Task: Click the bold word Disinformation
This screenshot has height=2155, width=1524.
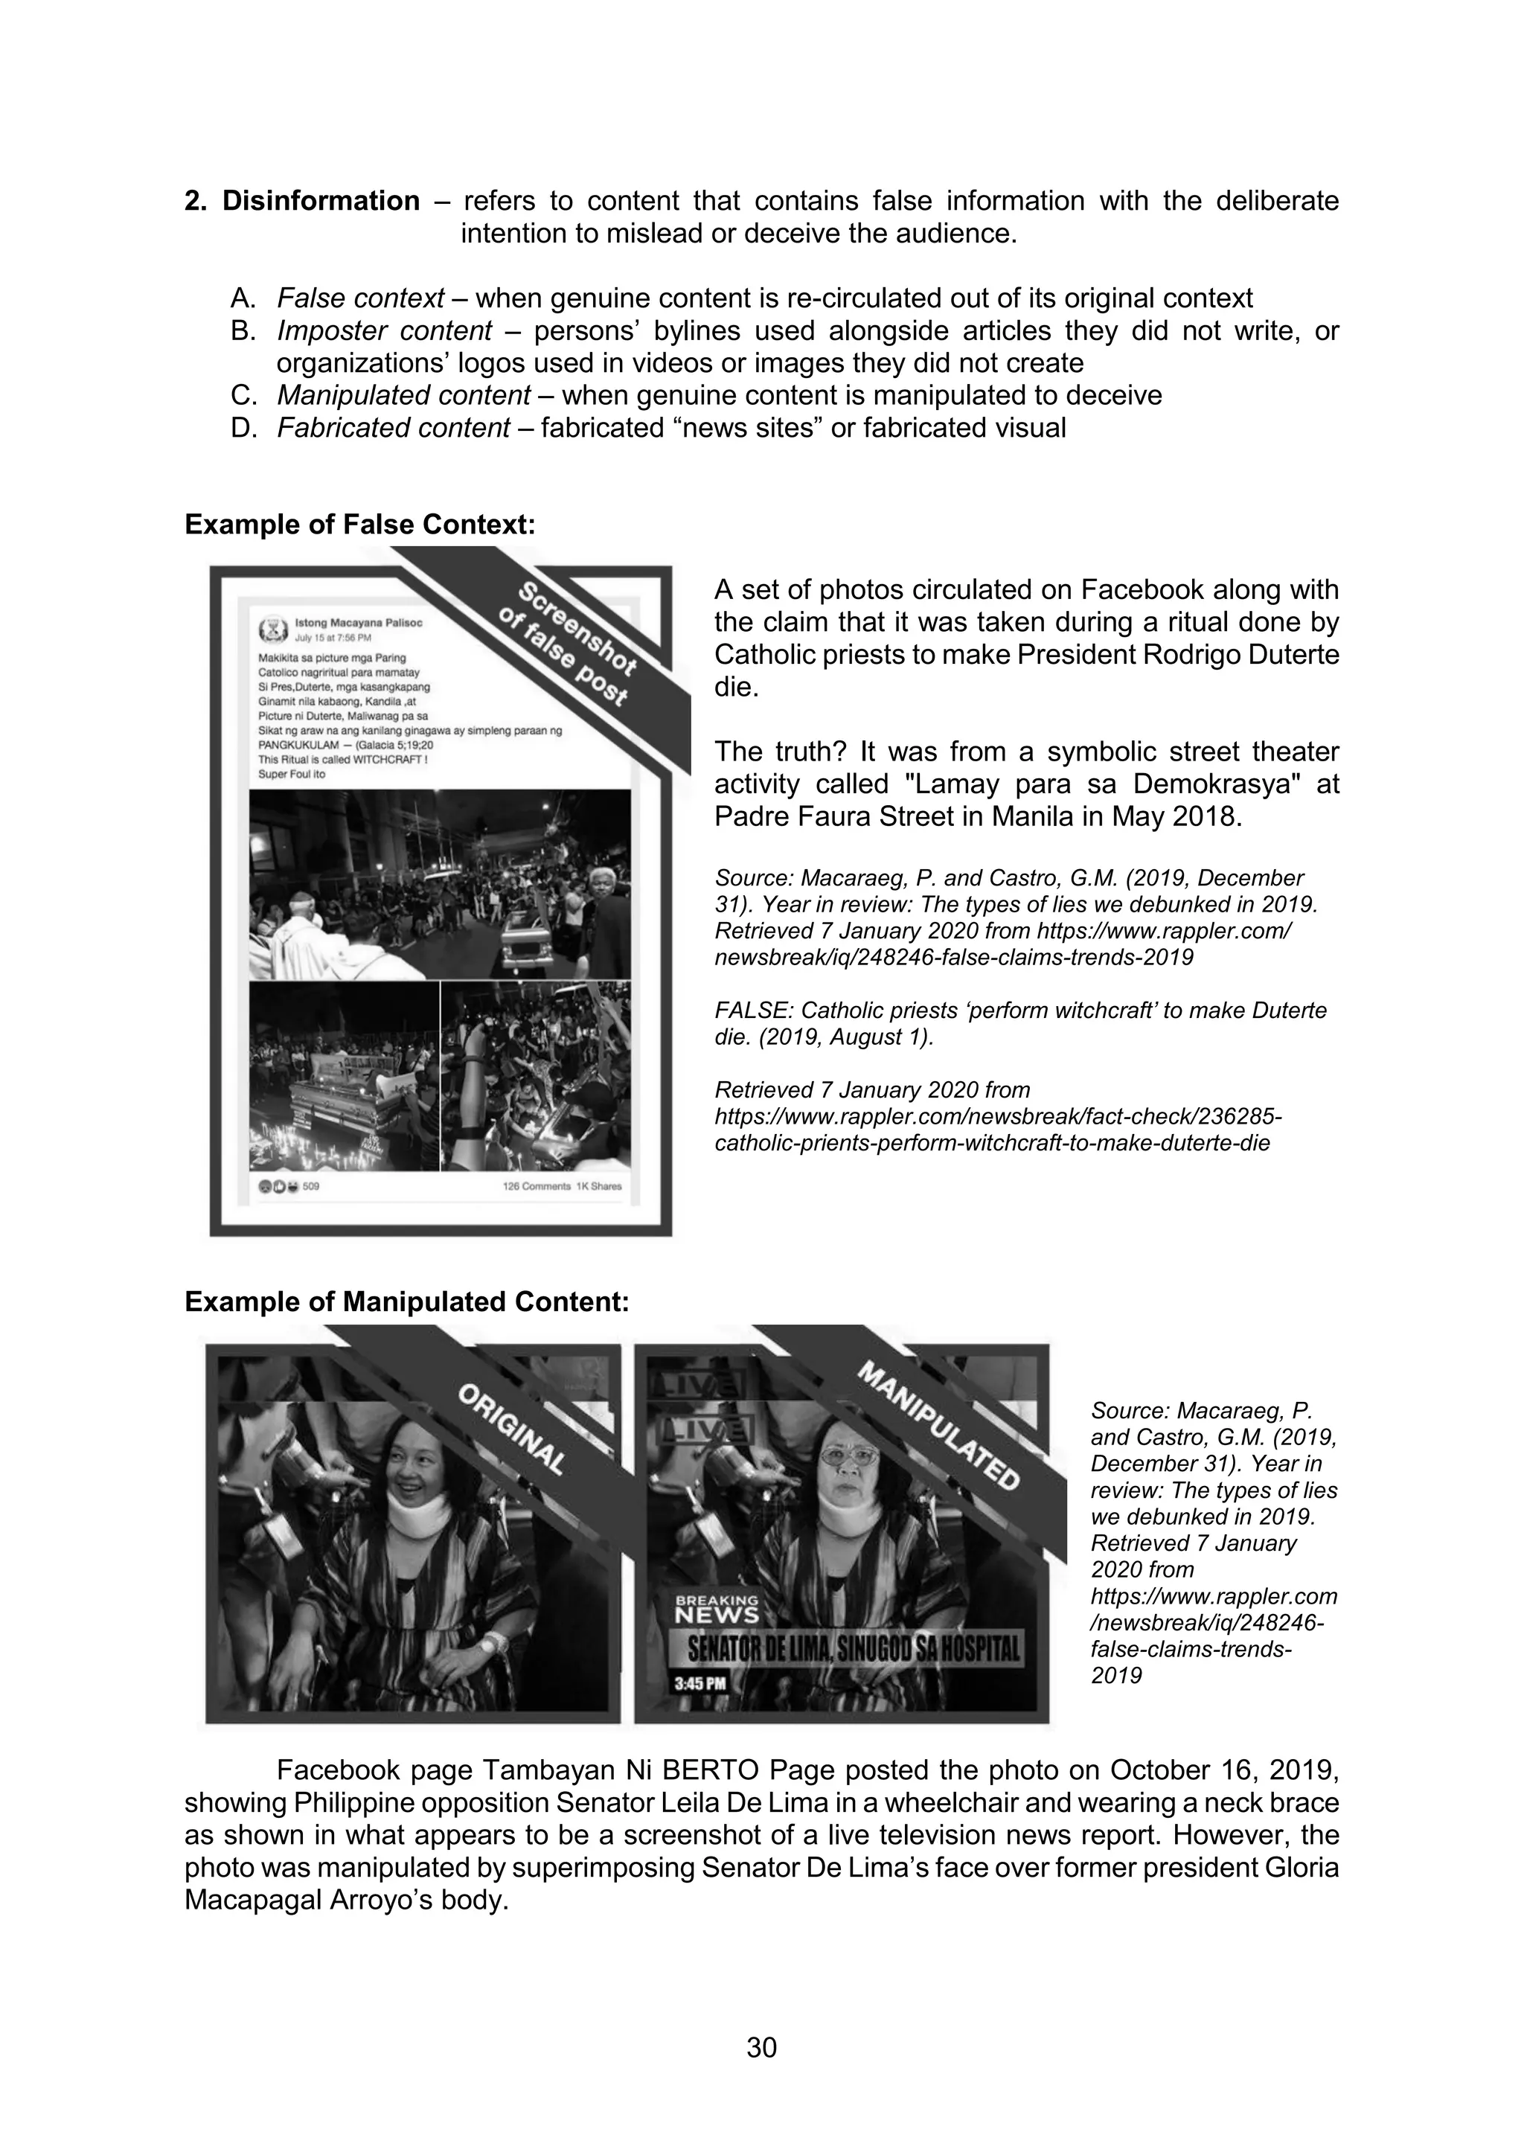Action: click(320, 201)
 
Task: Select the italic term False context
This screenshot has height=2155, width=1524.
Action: click(359, 298)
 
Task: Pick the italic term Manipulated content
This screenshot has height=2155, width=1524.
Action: click(403, 395)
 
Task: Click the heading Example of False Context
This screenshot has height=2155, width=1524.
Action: click(359, 525)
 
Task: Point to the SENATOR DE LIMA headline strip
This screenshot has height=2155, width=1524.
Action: click(854, 1648)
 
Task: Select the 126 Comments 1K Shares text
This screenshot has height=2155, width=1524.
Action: click(562, 1186)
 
